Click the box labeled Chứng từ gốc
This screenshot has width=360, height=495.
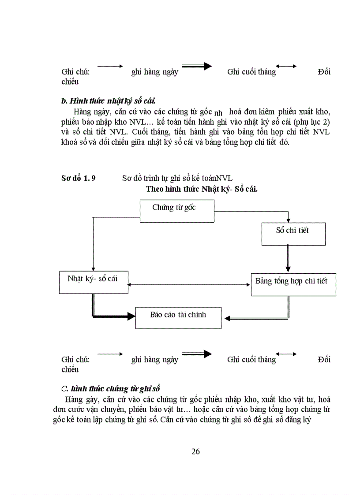click(x=177, y=211)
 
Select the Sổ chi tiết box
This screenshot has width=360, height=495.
click(x=293, y=234)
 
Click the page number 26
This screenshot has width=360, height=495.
click(x=196, y=451)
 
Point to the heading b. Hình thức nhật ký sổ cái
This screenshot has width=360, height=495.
click(x=106, y=101)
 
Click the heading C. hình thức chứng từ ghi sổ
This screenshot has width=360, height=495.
click(x=111, y=388)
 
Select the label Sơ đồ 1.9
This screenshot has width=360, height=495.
click(x=79, y=178)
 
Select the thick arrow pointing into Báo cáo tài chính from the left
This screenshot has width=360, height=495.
click(x=112, y=316)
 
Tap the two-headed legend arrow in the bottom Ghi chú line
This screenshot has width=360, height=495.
click(x=286, y=354)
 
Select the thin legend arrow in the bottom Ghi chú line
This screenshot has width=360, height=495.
click(x=110, y=354)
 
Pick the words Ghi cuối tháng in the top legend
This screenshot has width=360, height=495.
click(x=251, y=72)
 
